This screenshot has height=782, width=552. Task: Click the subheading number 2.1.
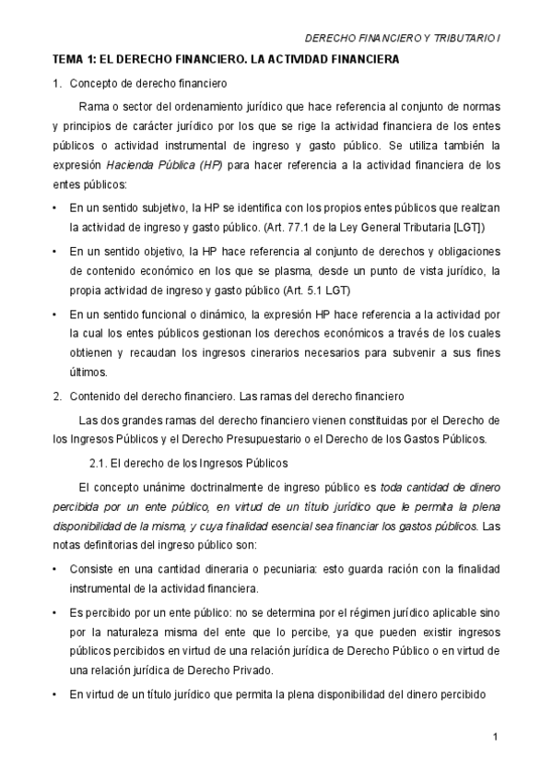pyautogui.click(x=98, y=462)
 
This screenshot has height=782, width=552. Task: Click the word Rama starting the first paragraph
pyautogui.click(x=95, y=105)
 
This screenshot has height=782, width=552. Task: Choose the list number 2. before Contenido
pyautogui.click(x=57, y=397)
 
